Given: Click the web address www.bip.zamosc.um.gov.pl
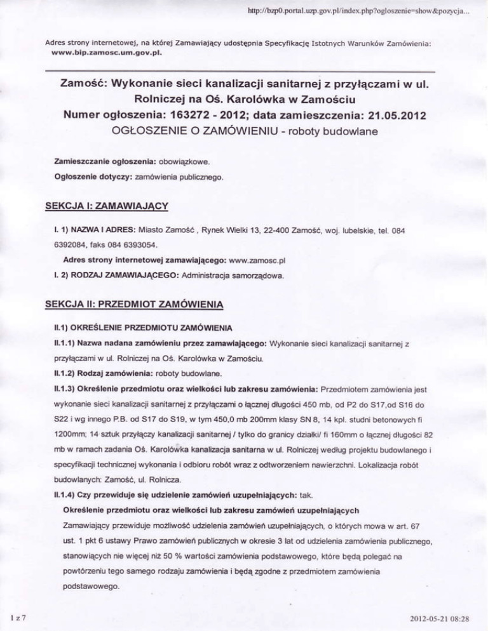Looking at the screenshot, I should click(98, 53).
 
